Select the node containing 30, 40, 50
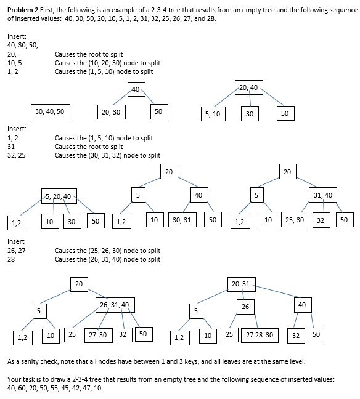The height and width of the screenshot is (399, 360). (x=49, y=111)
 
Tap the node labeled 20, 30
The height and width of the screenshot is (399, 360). (x=112, y=111)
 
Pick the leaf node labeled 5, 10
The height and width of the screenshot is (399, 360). (x=213, y=114)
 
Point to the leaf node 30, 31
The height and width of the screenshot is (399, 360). (x=182, y=220)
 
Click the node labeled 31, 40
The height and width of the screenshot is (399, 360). (x=322, y=195)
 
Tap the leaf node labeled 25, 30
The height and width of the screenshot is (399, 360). (x=294, y=219)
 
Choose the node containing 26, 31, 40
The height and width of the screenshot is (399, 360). (x=114, y=305)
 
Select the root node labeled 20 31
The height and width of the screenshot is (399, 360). (x=240, y=284)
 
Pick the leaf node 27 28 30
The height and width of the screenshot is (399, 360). (x=260, y=335)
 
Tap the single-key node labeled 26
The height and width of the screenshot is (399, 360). (x=245, y=306)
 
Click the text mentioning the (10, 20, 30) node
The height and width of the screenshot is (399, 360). (x=107, y=63)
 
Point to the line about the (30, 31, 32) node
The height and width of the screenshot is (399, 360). (x=107, y=155)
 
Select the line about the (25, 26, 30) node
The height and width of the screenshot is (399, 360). (x=107, y=251)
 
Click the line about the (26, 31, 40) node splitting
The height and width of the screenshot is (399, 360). (x=107, y=259)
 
